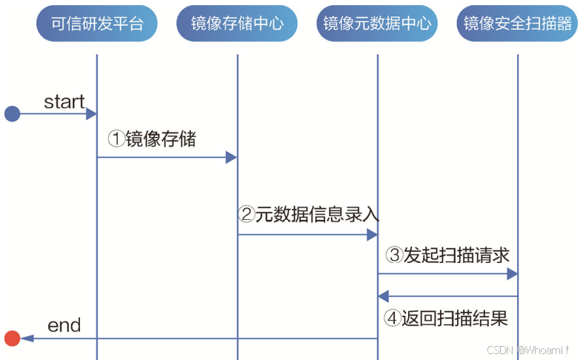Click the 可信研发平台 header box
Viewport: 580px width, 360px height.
click(x=97, y=24)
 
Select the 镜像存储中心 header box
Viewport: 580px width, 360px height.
click(x=237, y=24)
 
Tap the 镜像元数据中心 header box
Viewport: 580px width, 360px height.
click(x=377, y=24)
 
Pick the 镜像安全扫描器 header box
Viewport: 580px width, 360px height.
click(x=517, y=24)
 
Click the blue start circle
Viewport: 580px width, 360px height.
click(x=12, y=113)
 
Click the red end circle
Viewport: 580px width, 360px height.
click(x=12, y=339)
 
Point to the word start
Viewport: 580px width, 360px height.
click(x=64, y=101)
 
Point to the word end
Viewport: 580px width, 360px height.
click(x=64, y=325)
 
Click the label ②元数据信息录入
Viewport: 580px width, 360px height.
click(x=309, y=215)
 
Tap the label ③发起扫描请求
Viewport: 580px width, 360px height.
click(x=447, y=256)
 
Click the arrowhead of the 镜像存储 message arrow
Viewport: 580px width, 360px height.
click(x=231, y=157)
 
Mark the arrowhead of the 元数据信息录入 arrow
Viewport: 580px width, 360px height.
click(x=372, y=235)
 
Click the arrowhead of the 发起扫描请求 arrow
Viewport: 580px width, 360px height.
click(x=512, y=274)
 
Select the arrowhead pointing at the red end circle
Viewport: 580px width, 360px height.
click(x=27, y=339)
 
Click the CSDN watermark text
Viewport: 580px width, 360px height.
click(x=518, y=348)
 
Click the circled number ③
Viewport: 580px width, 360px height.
click(x=394, y=256)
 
